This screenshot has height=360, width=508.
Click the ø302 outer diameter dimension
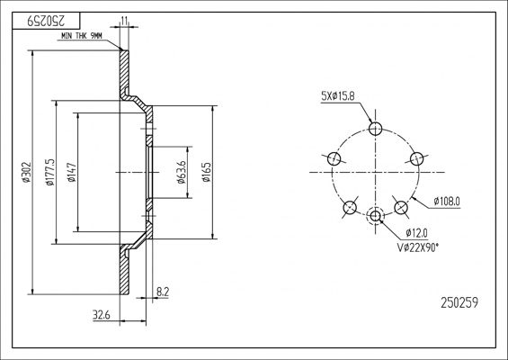click(27, 172)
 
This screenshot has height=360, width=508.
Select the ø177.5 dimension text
click(50, 172)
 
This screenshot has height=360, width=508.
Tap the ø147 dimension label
click(72, 172)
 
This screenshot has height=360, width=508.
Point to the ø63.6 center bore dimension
click(182, 172)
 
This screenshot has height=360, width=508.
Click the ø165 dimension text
click(207, 172)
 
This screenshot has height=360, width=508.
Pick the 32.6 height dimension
click(102, 315)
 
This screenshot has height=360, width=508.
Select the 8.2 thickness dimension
click(163, 292)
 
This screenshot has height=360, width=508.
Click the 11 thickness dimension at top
click(124, 21)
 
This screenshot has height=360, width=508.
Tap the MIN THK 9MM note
click(82, 36)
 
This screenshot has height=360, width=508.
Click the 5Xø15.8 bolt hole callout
click(337, 96)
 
